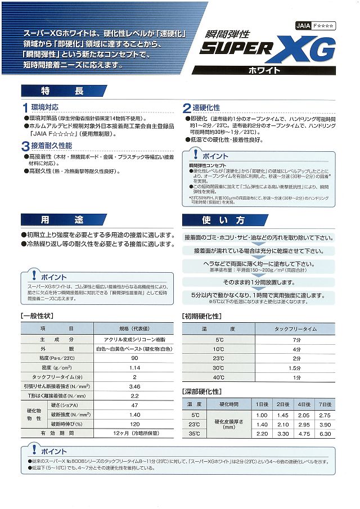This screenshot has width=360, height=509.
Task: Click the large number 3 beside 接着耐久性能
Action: coord(26,147)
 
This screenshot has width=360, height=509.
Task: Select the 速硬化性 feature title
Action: coord(206,107)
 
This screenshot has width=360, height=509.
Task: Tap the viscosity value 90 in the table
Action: coord(134,358)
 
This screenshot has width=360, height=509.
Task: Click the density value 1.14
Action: coord(134,367)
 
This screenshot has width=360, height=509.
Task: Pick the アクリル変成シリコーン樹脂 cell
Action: coord(134,340)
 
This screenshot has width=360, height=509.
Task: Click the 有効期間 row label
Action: coord(57,434)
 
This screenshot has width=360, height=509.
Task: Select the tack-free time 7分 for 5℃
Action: coord(296,340)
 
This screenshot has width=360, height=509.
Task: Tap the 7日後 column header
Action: coord(325,404)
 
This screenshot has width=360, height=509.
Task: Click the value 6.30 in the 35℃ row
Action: coord(325,434)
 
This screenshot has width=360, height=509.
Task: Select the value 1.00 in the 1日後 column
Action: coord(262,415)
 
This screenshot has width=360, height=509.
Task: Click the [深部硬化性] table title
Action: coord(202,391)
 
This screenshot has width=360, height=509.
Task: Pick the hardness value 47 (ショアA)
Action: coord(134,406)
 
